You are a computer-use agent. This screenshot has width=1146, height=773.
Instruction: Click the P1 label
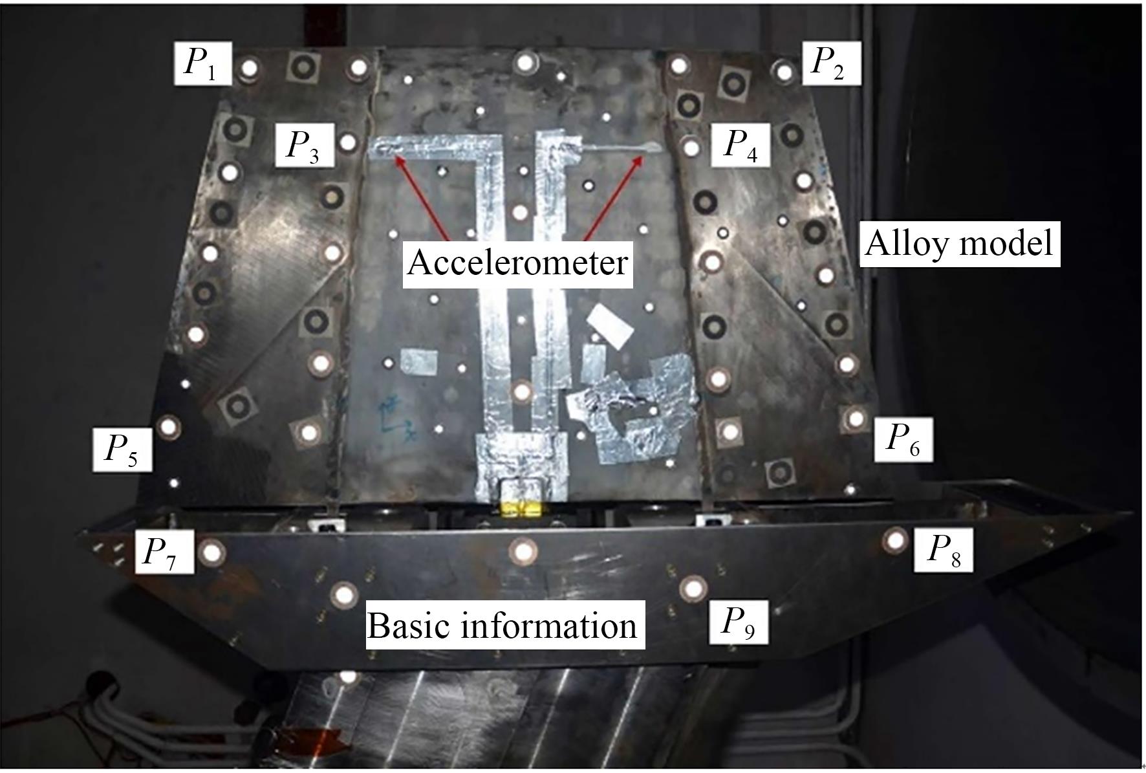[x=202, y=63]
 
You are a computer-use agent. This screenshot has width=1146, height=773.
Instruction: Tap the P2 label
[x=831, y=63]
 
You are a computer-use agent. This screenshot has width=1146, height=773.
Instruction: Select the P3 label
[x=305, y=145]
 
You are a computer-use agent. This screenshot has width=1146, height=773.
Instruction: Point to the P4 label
[x=741, y=145]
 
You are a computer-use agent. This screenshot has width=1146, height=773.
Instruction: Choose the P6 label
[x=903, y=439]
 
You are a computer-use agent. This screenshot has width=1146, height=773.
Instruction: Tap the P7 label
[x=164, y=552]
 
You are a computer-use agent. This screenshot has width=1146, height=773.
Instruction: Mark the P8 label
[x=943, y=550]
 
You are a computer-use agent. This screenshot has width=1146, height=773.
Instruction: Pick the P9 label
[x=739, y=623]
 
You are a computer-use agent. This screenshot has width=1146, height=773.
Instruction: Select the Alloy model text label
[x=960, y=245]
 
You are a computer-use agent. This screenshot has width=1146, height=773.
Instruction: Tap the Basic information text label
[x=503, y=626]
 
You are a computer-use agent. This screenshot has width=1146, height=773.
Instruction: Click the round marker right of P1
[x=248, y=68]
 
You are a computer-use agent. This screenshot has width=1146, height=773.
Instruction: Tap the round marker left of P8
[x=896, y=539]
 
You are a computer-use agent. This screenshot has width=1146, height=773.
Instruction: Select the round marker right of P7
[x=211, y=553]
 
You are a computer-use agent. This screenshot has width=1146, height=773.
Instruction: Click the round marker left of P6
[x=855, y=419]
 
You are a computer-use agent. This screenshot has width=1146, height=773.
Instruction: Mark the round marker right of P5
[x=169, y=427]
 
